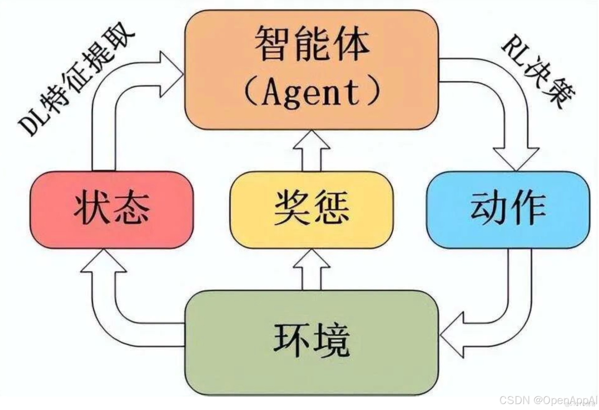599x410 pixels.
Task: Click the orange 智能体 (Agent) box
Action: pyautogui.click(x=311, y=69)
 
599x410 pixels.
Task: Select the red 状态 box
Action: pyautogui.click(x=111, y=210)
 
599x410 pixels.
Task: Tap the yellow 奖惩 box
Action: pyautogui.click(x=311, y=210)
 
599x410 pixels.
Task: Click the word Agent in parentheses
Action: pyautogui.click(x=311, y=92)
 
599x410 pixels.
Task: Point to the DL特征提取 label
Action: pyautogui.click(x=76, y=84)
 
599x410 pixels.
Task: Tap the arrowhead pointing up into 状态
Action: pyautogui.click(x=103, y=263)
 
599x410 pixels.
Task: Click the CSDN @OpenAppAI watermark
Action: pyautogui.click(x=551, y=400)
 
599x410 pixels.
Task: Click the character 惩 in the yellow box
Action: pyautogui.click(x=331, y=209)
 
